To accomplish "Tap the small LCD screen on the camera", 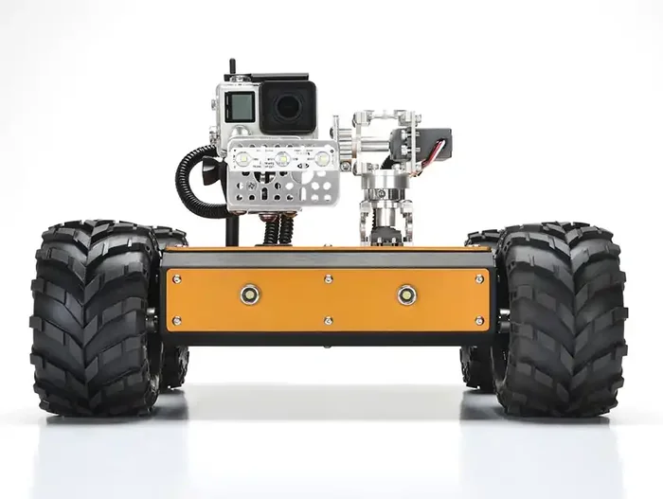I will pyautogui.click(x=242, y=106).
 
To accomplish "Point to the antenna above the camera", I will pyautogui.click(x=231, y=71).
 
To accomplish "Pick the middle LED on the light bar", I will pyautogui.click(x=282, y=159).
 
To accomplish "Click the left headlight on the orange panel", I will pyautogui.click(x=251, y=294).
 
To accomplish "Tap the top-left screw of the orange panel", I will pyautogui.click(x=176, y=278).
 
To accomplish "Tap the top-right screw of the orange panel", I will pyautogui.click(x=480, y=278).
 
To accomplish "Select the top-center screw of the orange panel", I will pyautogui.click(x=328, y=278).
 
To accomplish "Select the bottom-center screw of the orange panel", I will pyautogui.click(x=328, y=321).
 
